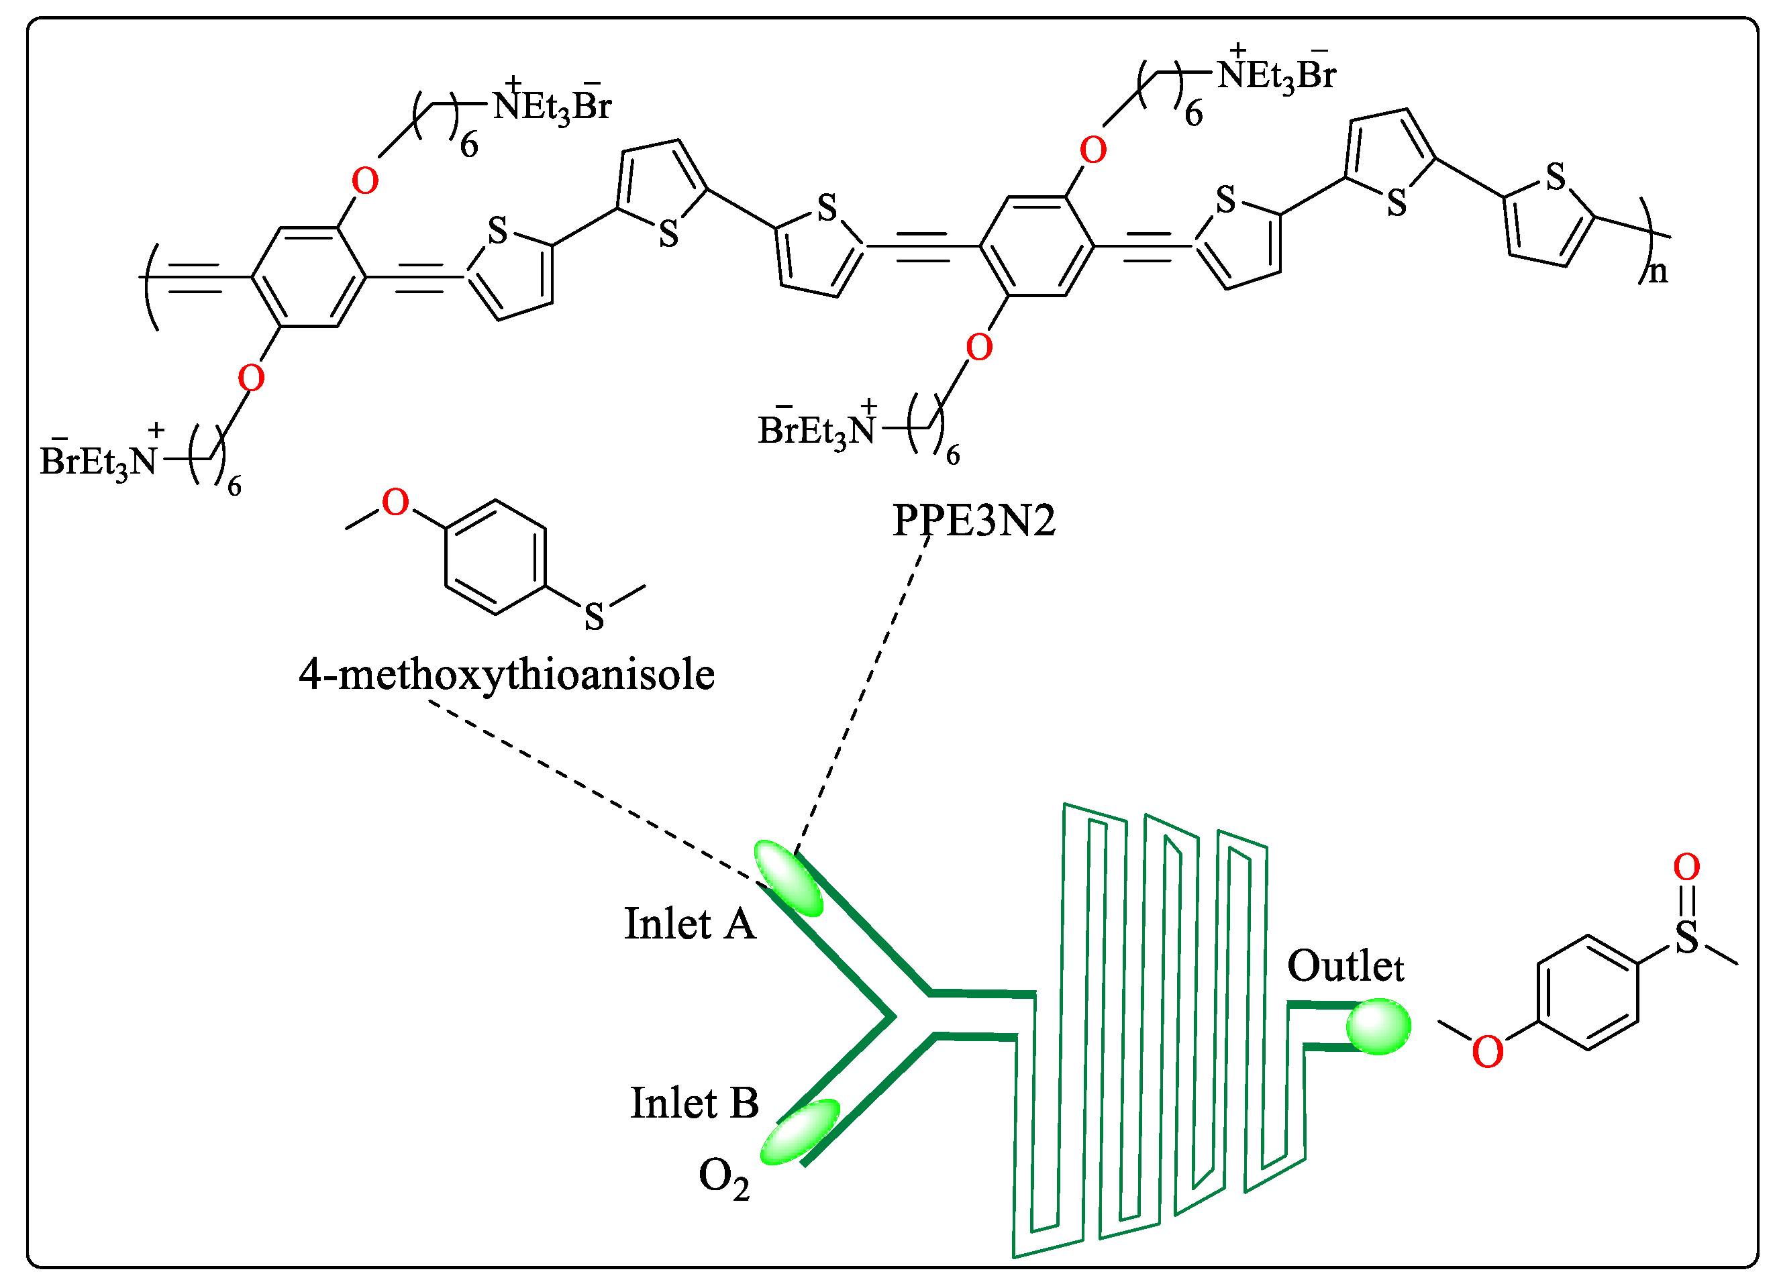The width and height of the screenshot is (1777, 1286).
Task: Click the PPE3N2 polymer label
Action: coord(973,520)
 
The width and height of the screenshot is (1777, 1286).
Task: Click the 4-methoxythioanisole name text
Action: coord(506,674)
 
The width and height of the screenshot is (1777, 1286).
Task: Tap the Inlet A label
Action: coord(689,924)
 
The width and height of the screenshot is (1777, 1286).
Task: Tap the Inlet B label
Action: coord(694,1104)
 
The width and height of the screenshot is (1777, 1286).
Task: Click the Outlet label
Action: coord(1345,967)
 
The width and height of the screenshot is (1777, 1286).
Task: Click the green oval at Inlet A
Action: coord(789,878)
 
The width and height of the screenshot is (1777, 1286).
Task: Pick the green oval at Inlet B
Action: coord(799,1132)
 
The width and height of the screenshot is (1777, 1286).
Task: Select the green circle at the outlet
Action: coord(1378,1026)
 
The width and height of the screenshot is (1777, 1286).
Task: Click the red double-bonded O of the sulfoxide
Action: coord(1686,867)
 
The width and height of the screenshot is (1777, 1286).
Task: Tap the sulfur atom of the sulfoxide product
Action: coord(1686,937)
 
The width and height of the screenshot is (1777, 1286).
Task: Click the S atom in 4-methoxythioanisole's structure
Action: coord(594,617)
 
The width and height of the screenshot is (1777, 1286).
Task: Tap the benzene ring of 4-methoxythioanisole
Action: coord(495,557)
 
